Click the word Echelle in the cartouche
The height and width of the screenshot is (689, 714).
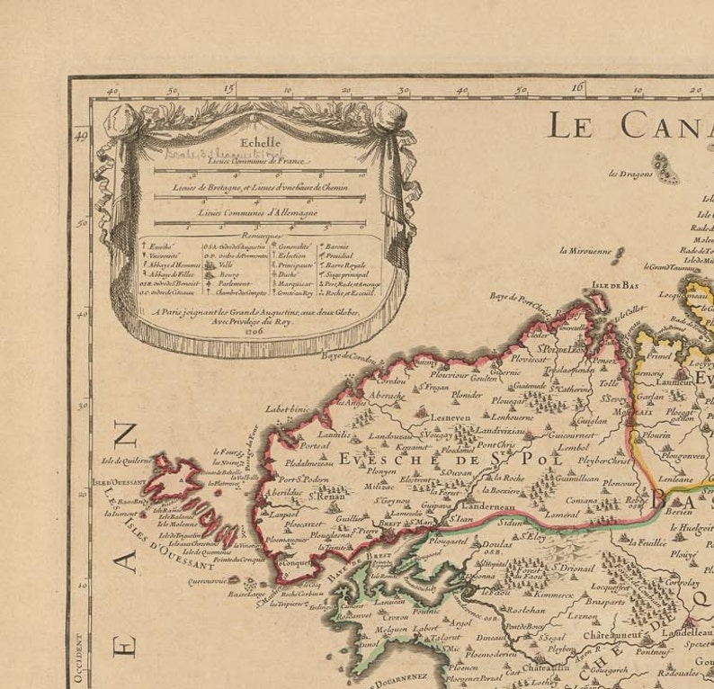pyautogui.click(x=261, y=142)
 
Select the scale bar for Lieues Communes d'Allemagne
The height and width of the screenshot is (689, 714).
pyautogui.click(x=260, y=223)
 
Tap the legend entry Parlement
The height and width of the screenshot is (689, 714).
pyautogui.click(x=236, y=282)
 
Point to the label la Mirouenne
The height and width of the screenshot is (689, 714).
pyautogui.click(x=585, y=251)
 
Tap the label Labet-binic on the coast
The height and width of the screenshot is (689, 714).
pyautogui.click(x=287, y=408)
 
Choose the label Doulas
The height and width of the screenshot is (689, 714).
pyautogui.click(x=496, y=544)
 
